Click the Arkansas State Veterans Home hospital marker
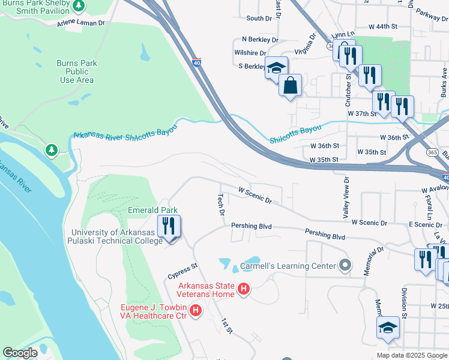[244, 289]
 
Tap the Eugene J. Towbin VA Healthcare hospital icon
[195, 311]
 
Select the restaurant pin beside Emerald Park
[169, 227]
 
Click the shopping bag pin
[290, 85]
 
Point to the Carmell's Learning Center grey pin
[345, 265]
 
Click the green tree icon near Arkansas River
[52, 149]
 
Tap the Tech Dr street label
[221, 205]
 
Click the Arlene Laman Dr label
[81, 23]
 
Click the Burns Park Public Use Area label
[76, 71]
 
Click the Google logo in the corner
[20, 353]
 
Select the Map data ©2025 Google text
[411, 355]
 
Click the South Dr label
[259, 19]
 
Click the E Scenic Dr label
[408, 224]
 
